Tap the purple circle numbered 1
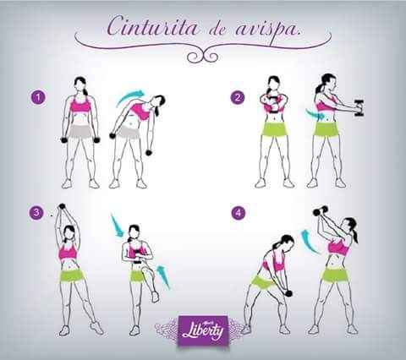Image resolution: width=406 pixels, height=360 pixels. pyautogui.click(x=37, y=98)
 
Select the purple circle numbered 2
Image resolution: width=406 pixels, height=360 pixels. pyautogui.click(x=238, y=97)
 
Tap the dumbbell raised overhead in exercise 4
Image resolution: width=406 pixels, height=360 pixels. pyautogui.click(x=319, y=211)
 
